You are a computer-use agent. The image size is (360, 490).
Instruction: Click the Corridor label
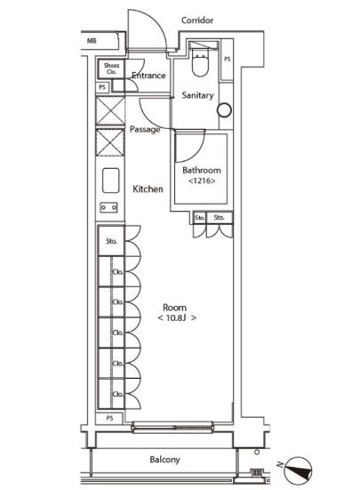point(197,20)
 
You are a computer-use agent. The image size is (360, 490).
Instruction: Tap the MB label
point(92,41)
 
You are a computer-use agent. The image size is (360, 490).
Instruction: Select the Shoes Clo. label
point(111,68)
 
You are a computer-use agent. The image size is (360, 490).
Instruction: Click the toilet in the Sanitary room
point(200,62)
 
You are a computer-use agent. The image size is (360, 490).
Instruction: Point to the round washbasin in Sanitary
point(225,110)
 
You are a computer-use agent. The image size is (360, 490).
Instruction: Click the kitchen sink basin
point(111,181)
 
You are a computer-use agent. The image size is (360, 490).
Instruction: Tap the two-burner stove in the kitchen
point(108,207)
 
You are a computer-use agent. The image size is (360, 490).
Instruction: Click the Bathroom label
point(202,171)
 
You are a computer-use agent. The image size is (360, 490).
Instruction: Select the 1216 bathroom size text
point(202,181)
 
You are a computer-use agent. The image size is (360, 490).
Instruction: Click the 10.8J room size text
point(177,318)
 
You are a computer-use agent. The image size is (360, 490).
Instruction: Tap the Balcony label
point(164,460)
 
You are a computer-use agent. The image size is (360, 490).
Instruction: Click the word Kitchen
point(148,189)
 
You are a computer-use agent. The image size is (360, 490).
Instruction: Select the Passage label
point(145,129)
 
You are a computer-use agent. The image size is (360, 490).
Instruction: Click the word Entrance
point(148,76)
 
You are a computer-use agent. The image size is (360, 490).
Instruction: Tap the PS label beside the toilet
point(228,59)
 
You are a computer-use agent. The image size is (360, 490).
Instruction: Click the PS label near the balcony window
point(109,418)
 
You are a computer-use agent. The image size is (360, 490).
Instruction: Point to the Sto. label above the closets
point(111,241)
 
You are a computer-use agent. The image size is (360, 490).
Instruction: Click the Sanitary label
point(197,95)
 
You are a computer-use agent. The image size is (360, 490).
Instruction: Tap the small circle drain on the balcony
point(257,452)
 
